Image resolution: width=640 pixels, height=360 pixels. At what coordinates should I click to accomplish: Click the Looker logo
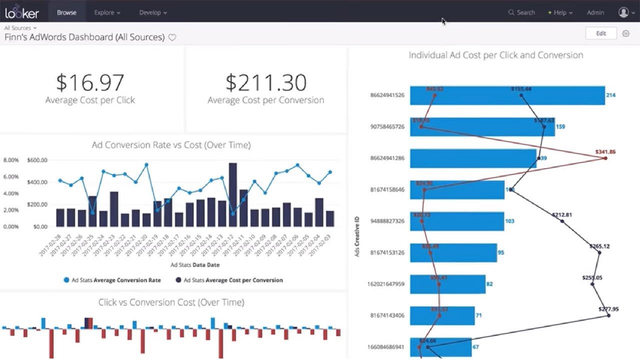[x=22, y=12]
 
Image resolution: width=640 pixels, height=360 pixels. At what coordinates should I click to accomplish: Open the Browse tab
[x=66, y=12]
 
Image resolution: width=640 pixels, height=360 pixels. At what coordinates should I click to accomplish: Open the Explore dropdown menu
[x=107, y=12]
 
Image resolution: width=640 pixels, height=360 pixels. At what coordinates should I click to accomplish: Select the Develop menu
[x=153, y=12]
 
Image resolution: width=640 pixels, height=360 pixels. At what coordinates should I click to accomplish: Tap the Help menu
[x=560, y=12]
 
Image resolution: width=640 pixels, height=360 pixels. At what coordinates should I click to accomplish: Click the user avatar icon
[x=623, y=12]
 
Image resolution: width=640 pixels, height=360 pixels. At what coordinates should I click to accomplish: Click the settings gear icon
[x=625, y=33]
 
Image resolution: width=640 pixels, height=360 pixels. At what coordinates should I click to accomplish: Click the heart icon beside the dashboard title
[x=172, y=37]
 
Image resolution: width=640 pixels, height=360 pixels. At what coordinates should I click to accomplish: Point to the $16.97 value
[x=90, y=83]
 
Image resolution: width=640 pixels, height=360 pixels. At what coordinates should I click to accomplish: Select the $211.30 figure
[x=265, y=83]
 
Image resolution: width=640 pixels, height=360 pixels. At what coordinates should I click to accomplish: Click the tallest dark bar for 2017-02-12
[x=232, y=195]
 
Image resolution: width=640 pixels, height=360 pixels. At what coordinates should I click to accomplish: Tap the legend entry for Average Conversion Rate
[x=112, y=280]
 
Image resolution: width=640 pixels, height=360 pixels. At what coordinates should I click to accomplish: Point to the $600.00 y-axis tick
[x=37, y=160]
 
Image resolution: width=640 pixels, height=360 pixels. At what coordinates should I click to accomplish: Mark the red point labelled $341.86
[x=605, y=158]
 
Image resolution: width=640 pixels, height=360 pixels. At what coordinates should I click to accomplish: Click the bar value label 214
[x=610, y=95]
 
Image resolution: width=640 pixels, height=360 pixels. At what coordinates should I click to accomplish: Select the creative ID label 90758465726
[x=387, y=126]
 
